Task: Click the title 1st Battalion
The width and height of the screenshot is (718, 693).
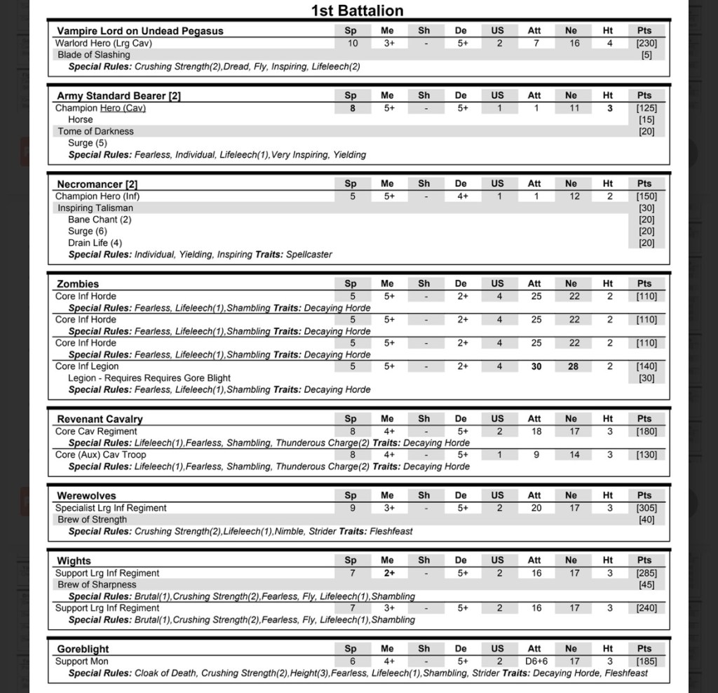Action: point(357,11)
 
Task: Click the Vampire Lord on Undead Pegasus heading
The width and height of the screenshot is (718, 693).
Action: point(140,31)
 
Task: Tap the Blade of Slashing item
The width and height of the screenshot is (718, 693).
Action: point(94,55)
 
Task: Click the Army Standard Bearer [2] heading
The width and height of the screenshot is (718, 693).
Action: point(118,96)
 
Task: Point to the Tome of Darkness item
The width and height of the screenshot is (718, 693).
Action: point(95,131)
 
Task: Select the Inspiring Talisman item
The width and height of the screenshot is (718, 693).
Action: point(95,208)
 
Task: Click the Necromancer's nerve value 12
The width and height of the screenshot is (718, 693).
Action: point(574,196)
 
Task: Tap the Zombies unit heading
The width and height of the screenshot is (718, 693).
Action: point(78,284)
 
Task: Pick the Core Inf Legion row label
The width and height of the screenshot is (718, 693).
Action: point(87,366)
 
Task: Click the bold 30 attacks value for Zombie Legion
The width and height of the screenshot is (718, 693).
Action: point(536,366)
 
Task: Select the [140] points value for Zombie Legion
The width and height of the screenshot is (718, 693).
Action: point(646,366)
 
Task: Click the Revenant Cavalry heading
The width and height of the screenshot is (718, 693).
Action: point(100,419)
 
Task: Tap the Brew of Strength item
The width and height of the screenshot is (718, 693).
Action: point(93,520)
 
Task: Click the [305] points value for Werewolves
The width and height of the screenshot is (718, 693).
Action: point(646,508)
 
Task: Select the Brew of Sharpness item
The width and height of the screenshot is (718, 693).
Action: point(97,584)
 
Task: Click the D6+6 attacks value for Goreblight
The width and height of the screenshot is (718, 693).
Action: point(536,661)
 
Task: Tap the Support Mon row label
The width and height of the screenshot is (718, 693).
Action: point(82,661)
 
